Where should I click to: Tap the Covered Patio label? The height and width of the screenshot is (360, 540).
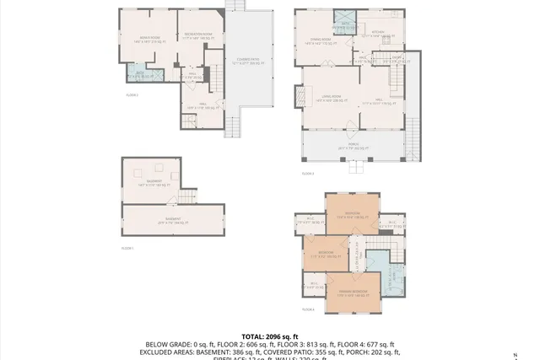tap(247, 61)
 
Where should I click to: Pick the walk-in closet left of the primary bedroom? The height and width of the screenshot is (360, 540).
tap(314, 284)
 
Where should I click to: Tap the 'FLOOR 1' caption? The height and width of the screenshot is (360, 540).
tap(128, 248)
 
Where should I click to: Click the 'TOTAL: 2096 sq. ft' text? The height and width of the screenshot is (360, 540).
tap(270, 336)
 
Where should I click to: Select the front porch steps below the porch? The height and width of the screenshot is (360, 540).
tap(358, 167)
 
